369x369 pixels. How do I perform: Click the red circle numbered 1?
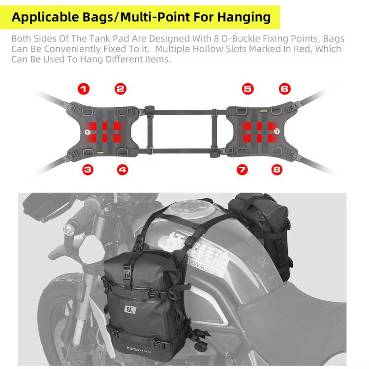click(x=84, y=89)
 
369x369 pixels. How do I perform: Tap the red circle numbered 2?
click(x=121, y=89)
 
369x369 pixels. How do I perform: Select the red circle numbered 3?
click(x=88, y=170)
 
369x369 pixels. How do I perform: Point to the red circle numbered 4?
click(x=123, y=170)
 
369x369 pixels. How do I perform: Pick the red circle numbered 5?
click(x=247, y=89)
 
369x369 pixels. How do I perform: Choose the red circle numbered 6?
click(x=284, y=89)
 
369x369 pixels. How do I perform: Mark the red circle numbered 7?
click(x=242, y=170)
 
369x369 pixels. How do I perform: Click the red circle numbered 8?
click(x=277, y=170)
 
